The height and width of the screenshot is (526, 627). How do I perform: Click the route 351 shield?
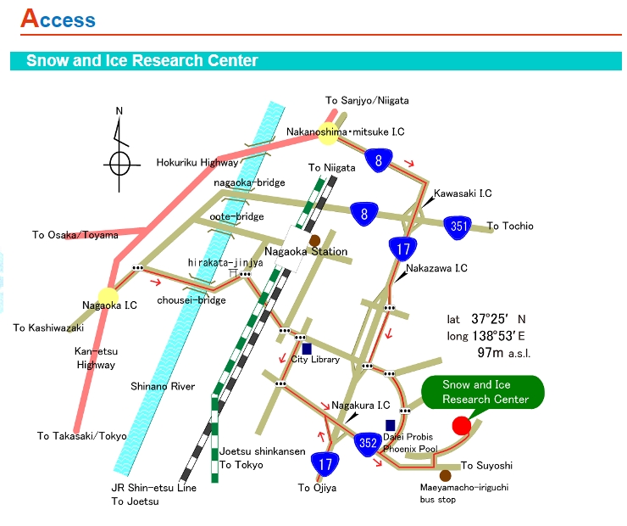(x=458, y=227)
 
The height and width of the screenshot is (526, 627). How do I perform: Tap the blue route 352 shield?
(x=368, y=443)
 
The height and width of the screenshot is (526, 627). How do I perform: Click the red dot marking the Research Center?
(x=462, y=426)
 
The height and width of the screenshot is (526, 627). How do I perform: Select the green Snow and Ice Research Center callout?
(x=483, y=392)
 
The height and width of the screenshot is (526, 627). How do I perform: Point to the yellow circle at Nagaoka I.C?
(x=108, y=298)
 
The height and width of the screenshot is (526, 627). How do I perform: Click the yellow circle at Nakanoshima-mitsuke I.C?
(x=328, y=134)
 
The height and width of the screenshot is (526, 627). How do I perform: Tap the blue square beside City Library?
(x=307, y=349)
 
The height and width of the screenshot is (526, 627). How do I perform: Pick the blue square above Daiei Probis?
(x=391, y=425)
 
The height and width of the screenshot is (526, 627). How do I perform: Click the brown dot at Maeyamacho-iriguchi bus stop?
(x=445, y=476)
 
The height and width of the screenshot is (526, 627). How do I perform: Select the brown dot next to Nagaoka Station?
(x=314, y=241)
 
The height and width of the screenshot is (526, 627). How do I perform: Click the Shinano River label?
(x=163, y=386)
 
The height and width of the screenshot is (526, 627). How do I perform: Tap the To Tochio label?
(x=510, y=227)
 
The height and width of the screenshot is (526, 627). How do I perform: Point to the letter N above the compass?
(x=119, y=111)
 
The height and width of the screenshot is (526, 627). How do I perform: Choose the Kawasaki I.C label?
(x=463, y=193)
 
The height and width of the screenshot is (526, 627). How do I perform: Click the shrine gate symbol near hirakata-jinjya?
(x=233, y=273)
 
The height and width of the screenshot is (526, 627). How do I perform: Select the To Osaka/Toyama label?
(x=75, y=235)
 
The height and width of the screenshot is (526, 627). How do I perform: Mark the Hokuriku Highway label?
(x=197, y=163)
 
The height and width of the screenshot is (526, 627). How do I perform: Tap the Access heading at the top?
(x=58, y=19)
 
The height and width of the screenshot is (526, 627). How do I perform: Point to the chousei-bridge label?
(x=191, y=300)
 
